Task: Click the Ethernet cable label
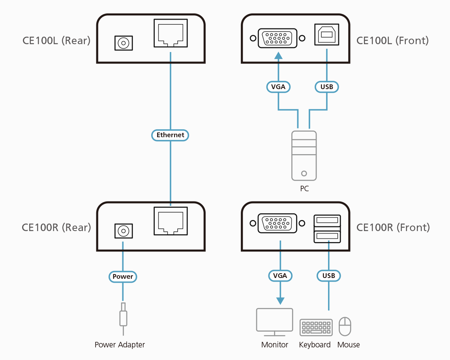(171, 135)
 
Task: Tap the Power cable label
(123, 277)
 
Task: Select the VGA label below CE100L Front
(278, 87)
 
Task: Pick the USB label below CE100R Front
(328, 276)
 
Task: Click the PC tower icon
(304, 156)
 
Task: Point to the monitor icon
(275, 320)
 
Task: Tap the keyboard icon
(315, 327)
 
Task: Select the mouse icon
(345, 326)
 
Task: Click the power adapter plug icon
(123, 316)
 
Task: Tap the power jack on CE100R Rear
(123, 231)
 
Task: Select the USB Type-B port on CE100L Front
(326, 35)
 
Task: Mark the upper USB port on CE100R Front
(327, 220)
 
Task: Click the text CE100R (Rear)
(56, 228)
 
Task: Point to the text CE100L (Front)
(392, 40)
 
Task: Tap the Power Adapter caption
(120, 345)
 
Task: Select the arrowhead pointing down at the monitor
(280, 300)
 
